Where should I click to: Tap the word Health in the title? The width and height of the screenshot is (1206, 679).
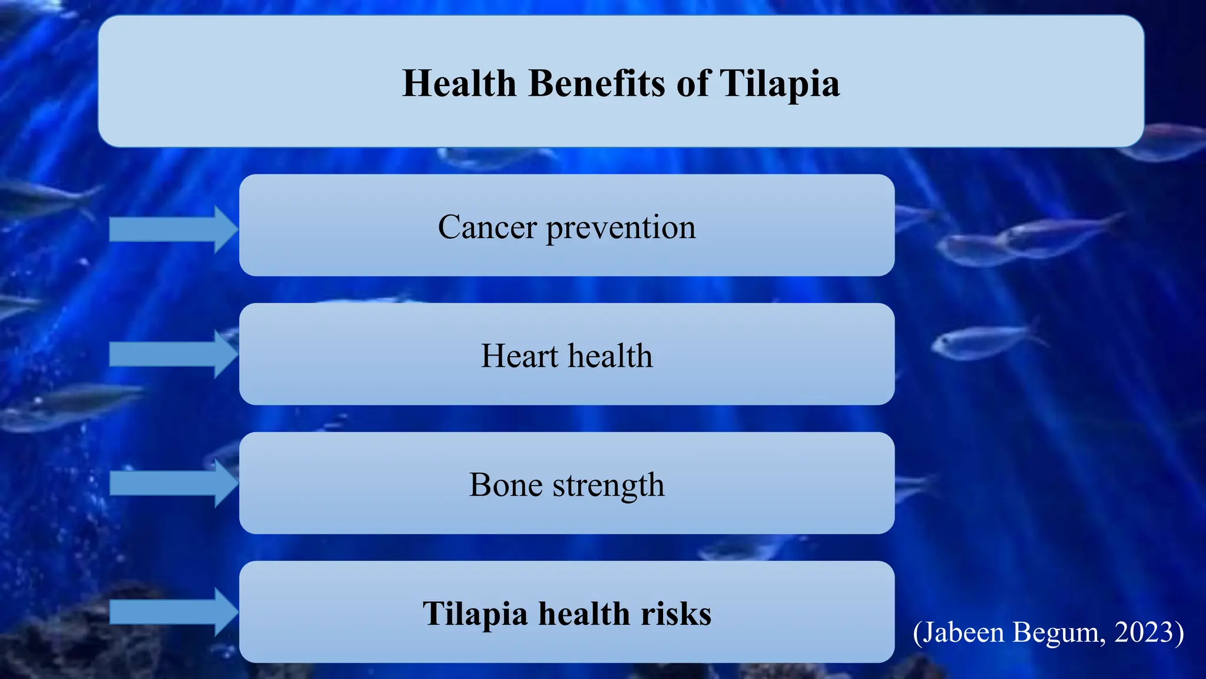[x=459, y=83]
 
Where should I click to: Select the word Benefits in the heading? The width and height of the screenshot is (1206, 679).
[x=598, y=83]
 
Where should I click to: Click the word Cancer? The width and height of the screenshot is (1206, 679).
[x=488, y=227]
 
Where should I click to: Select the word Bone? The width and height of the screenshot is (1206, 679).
[x=506, y=485]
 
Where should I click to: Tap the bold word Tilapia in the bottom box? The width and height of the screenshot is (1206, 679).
[x=475, y=614]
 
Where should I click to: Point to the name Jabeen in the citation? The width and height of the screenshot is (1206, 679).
[x=963, y=632]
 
